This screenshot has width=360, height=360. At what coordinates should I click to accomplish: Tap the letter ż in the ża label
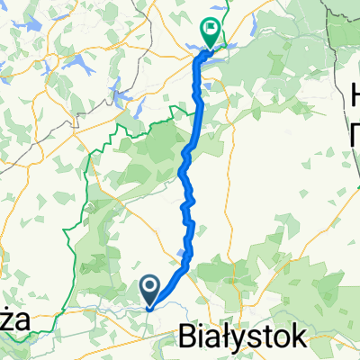[8, 320]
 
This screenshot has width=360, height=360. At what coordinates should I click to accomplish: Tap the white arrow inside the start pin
[151, 286]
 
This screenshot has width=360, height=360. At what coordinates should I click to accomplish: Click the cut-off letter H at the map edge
[352, 90]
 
